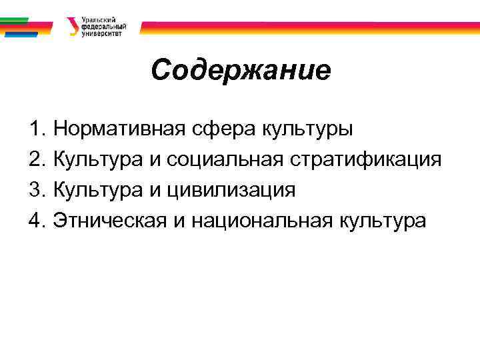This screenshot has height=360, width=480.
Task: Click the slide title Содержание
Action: [240, 69]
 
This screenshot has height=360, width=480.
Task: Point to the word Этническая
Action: [109, 221]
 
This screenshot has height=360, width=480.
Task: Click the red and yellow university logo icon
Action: [72, 26]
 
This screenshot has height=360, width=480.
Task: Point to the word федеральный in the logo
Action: [102, 27]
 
